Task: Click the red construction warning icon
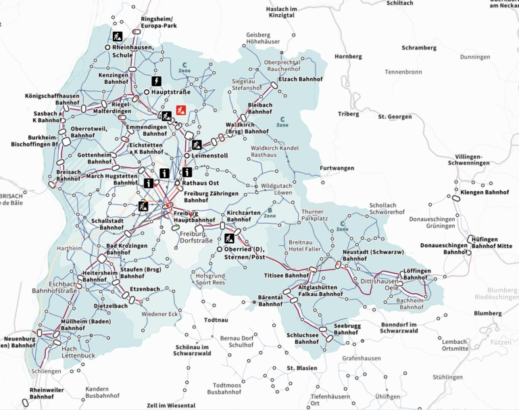click(181, 109)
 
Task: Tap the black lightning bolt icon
click(156, 80)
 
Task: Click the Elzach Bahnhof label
click(301, 78)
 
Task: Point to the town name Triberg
click(349, 114)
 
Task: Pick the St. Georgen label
click(395, 117)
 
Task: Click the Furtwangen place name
click(337, 168)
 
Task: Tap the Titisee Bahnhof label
click(286, 276)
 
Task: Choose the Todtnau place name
click(217, 320)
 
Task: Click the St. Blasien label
click(301, 368)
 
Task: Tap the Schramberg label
click(419, 49)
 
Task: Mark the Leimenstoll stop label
click(210, 155)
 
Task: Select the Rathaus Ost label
click(202, 183)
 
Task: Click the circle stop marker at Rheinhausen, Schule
click(107, 47)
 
